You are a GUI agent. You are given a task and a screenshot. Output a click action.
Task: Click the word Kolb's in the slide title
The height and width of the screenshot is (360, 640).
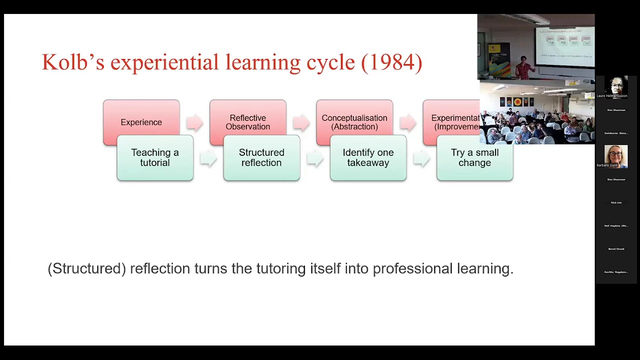point(73,62)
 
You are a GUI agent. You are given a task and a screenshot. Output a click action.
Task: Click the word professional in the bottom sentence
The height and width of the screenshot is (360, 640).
point(413,268)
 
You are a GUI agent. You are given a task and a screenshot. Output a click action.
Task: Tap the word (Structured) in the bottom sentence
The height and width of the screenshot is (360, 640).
point(86,268)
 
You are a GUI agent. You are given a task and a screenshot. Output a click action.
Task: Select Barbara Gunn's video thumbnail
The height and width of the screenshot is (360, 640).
point(616,156)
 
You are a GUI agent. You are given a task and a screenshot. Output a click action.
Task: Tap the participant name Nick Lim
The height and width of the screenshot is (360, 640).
point(616,202)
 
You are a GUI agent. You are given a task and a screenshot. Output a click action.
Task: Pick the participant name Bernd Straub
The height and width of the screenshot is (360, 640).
point(616,249)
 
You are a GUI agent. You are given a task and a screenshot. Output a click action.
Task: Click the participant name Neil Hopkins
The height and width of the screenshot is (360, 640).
point(616,226)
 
